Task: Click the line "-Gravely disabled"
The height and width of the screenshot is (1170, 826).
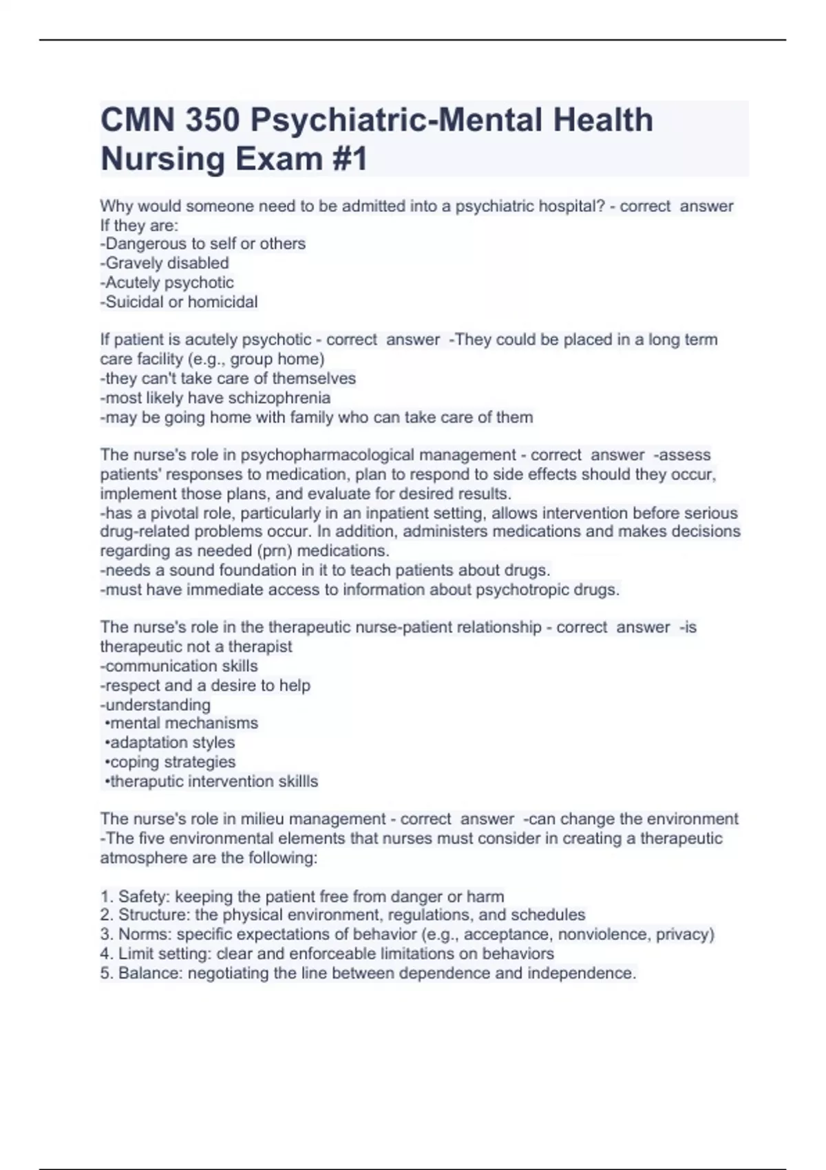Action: pos(165,263)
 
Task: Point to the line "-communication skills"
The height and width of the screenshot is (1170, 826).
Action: pos(179,666)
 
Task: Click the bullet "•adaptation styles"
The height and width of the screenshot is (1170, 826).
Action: pos(170,742)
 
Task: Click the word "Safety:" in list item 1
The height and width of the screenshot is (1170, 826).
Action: pos(144,896)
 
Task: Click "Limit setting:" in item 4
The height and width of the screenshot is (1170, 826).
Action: pos(165,953)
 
